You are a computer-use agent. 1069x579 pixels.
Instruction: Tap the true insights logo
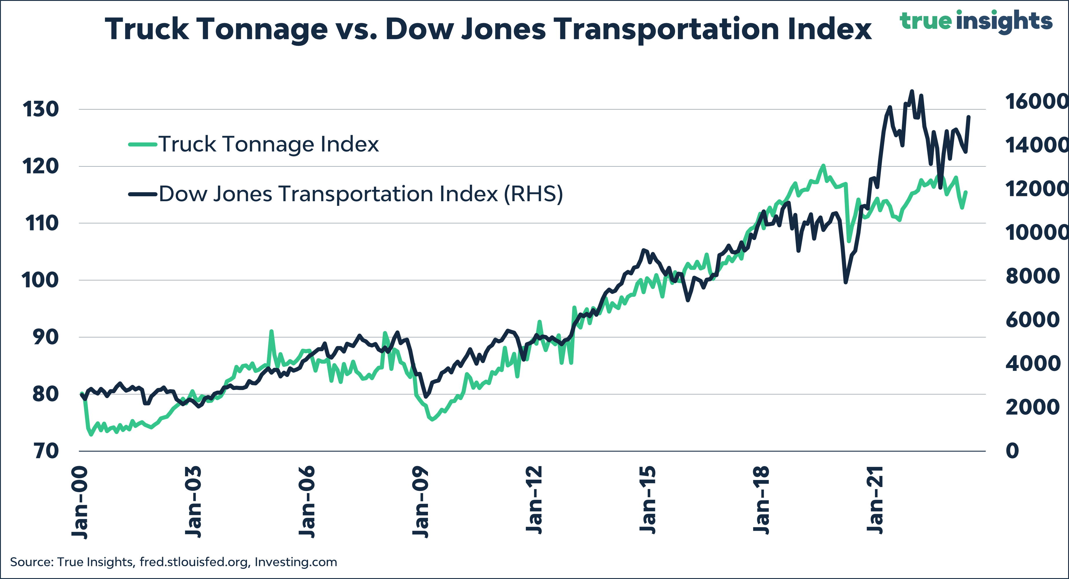click(976, 21)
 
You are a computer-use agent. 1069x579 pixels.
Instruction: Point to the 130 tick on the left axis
click(41, 109)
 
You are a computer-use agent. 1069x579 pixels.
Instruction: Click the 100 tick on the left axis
click(40, 281)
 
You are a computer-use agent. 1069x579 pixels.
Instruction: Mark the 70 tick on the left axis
click(46, 451)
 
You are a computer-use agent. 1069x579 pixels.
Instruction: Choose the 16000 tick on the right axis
click(1036, 101)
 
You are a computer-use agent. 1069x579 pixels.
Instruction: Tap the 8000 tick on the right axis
click(1033, 276)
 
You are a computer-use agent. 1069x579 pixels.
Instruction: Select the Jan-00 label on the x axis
click(80, 502)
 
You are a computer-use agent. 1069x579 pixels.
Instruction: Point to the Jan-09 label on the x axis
click(420, 502)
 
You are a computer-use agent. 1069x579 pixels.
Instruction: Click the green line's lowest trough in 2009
click(432, 419)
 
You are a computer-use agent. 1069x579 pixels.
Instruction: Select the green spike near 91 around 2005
click(271, 331)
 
